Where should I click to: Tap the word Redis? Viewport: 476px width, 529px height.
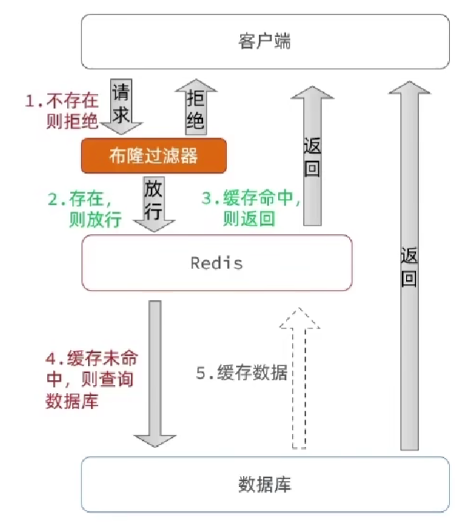coord(217,263)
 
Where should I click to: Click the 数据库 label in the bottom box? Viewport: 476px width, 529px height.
coord(264,485)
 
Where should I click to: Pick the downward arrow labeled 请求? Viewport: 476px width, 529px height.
coord(121,107)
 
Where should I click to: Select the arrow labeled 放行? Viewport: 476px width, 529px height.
coord(154,203)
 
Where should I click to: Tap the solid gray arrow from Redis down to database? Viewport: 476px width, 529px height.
coord(154,372)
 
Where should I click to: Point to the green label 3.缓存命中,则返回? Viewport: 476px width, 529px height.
coord(247,208)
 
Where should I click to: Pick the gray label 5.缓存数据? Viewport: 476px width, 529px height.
coord(242,372)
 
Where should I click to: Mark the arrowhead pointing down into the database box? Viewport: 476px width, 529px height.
coord(154,438)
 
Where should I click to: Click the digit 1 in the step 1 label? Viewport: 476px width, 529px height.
coord(30,101)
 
